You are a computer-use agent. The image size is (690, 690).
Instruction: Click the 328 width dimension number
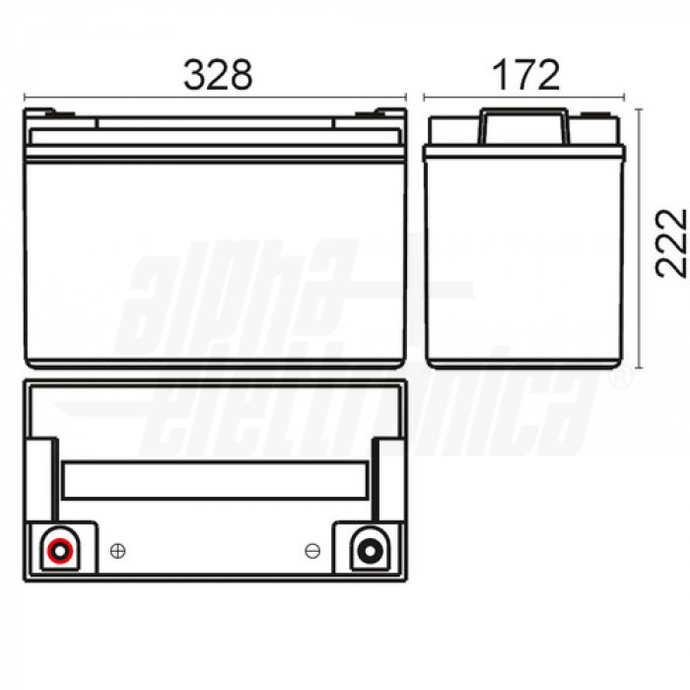[x=218, y=74]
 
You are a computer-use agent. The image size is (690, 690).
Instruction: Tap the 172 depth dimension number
[x=523, y=74]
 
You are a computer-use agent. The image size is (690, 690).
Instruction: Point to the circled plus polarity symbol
[x=117, y=551]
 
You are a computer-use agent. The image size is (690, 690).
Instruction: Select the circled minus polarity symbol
[x=312, y=551]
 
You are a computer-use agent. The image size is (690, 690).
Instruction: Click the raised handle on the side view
[x=523, y=127]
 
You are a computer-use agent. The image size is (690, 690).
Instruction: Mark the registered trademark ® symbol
[x=620, y=379]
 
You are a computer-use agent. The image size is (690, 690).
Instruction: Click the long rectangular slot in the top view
[x=216, y=481]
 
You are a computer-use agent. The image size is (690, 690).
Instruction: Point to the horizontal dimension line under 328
[x=215, y=99]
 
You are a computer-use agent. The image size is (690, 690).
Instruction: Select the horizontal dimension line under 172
[x=523, y=99]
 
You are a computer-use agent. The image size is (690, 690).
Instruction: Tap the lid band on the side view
[x=523, y=153]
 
